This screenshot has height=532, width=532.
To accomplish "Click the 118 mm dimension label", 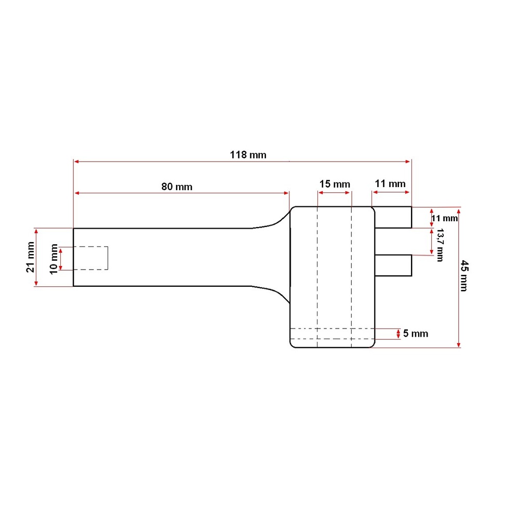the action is [x=248, y=155].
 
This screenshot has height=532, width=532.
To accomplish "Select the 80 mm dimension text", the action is [x=177, y=187].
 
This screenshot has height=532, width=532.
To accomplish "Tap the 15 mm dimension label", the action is [x=335, y=184].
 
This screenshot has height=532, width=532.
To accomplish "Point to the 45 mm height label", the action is [x=464, y=275].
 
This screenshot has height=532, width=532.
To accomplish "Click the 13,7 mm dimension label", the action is [x=440, y=245].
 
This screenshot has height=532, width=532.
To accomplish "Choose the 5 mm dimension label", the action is [x=416, y=334].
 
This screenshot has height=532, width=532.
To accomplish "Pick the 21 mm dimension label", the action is [x=30, y=257].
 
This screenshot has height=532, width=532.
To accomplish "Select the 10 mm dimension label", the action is [x=54, y=259].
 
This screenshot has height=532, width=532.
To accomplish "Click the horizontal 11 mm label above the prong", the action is [x=390, y=184].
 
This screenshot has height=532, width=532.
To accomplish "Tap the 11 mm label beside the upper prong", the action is [x=445, y=218].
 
